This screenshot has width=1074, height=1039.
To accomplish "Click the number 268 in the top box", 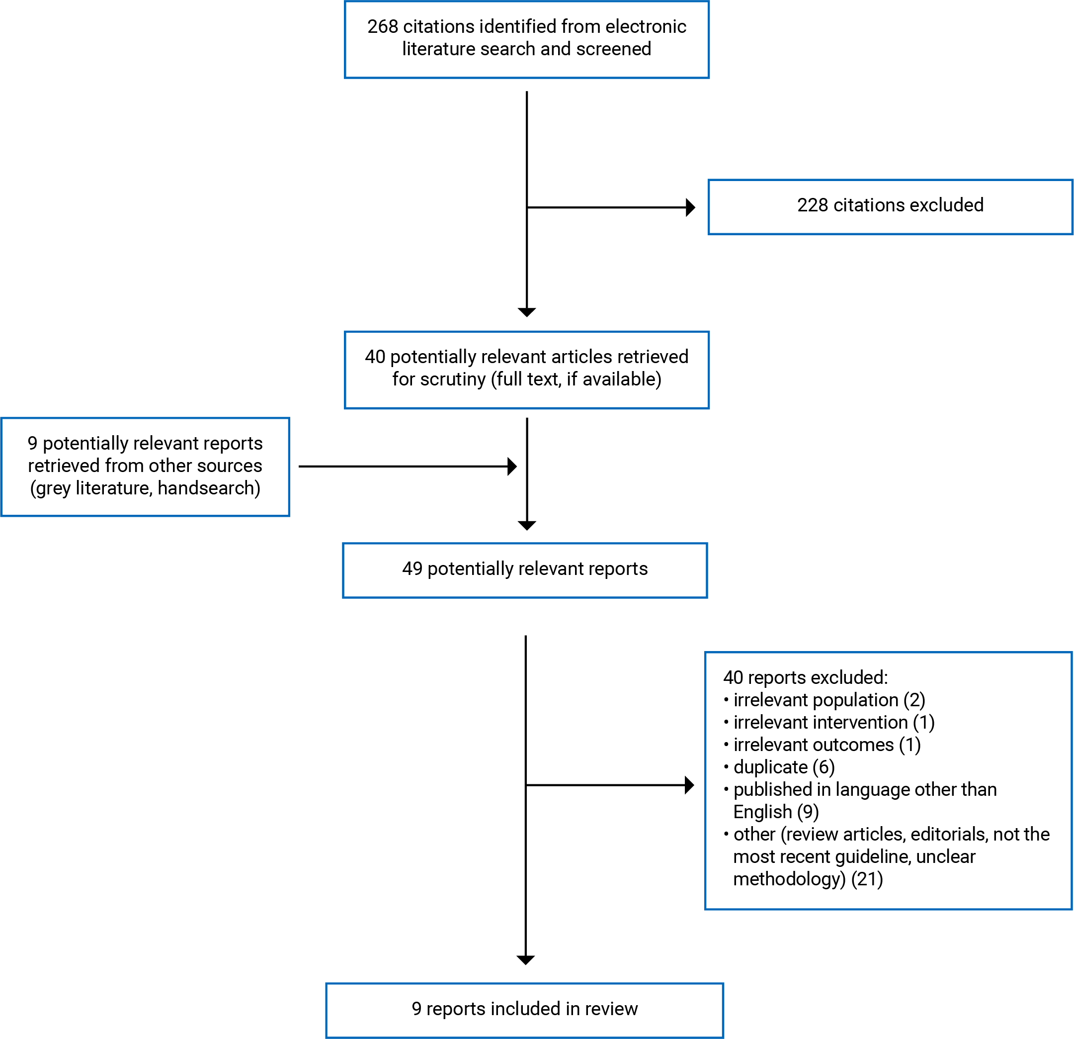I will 383,26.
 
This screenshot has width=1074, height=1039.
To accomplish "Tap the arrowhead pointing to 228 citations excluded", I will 691,207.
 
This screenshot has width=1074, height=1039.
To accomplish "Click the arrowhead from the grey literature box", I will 512,467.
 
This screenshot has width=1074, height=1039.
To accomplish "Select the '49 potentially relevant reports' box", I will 524,570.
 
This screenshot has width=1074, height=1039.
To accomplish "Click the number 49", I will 412,568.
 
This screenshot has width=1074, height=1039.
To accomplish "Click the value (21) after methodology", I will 867,879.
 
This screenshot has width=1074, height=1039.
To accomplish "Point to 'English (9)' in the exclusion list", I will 775,812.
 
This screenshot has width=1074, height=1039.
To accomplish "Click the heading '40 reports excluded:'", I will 805,678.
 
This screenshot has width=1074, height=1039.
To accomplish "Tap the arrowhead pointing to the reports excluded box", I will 690,785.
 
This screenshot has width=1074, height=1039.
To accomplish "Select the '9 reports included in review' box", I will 524,1010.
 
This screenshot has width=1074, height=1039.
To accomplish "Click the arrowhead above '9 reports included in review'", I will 525,960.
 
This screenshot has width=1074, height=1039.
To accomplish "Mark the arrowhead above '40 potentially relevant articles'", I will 527,312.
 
